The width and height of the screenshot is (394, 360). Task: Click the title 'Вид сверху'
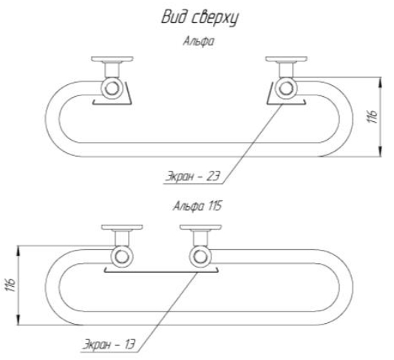click(200, 18)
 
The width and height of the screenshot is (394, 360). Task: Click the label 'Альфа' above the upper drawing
click(199, 41)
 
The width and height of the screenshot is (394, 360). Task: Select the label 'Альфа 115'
click(197, 206)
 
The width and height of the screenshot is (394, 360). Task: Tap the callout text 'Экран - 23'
click(193, 176)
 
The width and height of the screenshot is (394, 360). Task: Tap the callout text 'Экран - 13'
click(109, 344)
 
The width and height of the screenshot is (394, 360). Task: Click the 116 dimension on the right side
click(373, 117)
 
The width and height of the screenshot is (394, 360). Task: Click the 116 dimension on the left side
click(10, 285)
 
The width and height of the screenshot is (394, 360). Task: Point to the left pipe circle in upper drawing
click(112, 89)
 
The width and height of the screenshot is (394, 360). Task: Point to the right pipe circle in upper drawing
click(286, 89)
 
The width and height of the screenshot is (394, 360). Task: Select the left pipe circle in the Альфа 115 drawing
click(122, 257)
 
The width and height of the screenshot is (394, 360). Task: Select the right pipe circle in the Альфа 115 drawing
click(200, 257)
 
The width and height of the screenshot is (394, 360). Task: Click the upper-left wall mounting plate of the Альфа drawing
click(112, 59)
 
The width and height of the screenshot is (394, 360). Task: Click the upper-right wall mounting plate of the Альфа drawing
click(287, 59)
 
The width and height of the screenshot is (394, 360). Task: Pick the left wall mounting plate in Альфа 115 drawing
click(122, 228)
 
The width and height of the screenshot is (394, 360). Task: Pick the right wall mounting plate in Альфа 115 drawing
click(200, 228)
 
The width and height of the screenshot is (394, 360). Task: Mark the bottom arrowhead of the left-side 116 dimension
click(18, 320)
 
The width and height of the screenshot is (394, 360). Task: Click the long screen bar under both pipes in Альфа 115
click(161, 272)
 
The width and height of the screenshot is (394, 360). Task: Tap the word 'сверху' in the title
click(215, 18)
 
